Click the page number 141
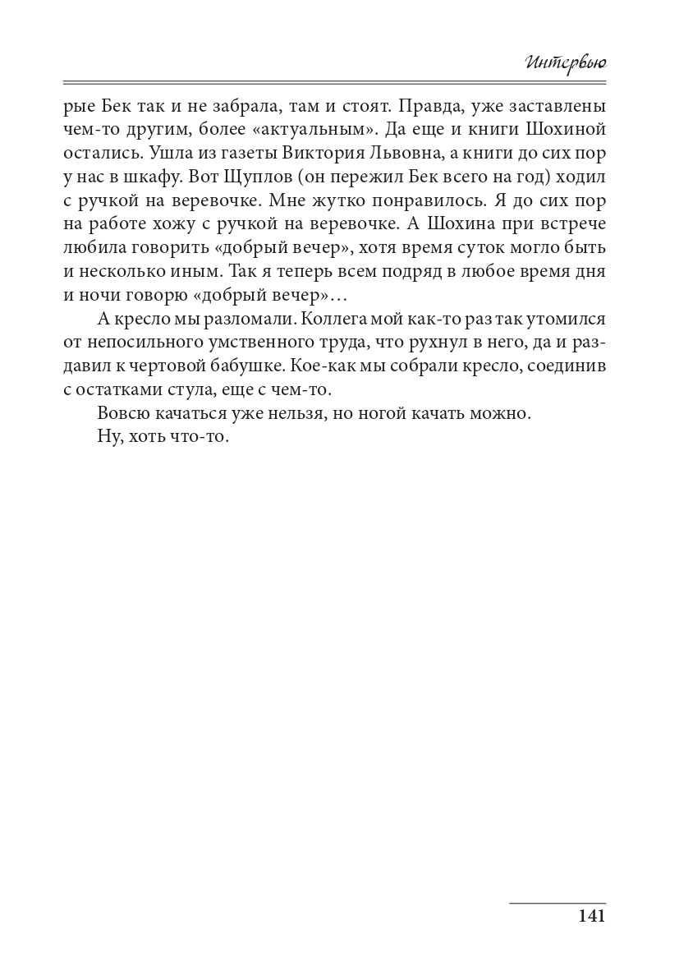click(591, 917)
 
